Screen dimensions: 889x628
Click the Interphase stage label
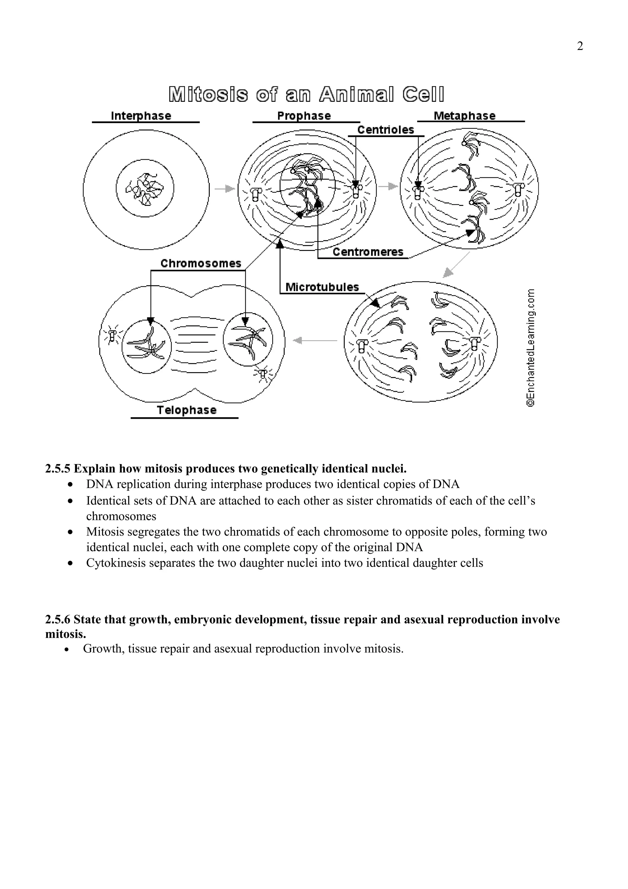[141, 116]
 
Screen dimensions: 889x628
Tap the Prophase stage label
[304, 116]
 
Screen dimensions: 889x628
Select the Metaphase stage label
[464, 116]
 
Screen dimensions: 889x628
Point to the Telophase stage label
[186, 410]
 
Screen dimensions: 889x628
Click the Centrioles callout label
[385, 130]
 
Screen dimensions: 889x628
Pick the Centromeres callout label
[368, 252]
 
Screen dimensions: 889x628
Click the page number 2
[580, 46]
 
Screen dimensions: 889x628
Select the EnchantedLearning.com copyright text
[530, 347]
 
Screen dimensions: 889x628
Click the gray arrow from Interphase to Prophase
[225, 189]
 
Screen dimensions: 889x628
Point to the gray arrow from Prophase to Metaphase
[388, 186]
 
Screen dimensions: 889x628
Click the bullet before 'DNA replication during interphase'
[70, 485]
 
